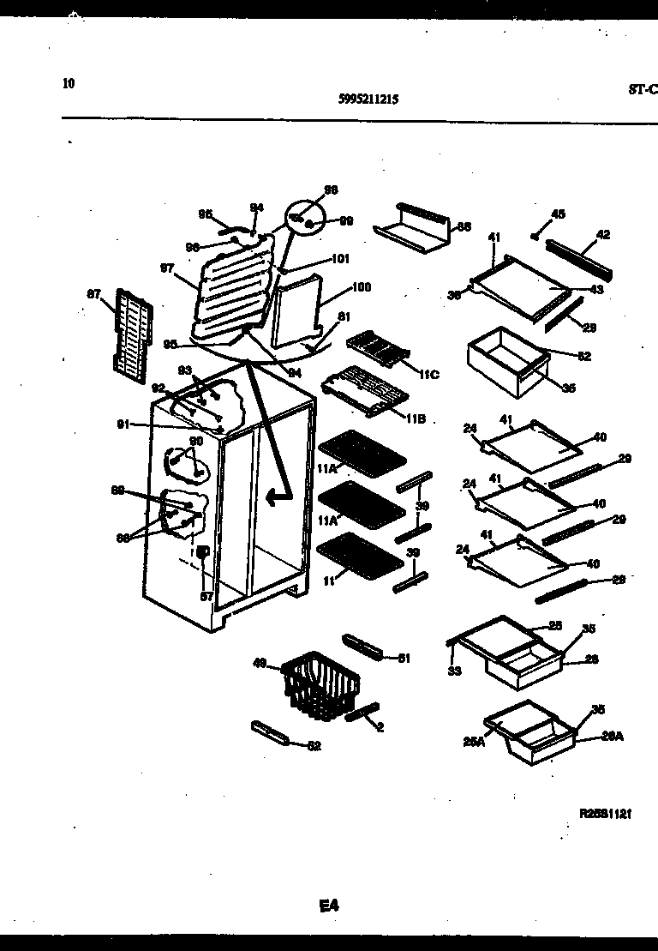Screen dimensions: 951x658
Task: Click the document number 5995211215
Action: coord(368,99)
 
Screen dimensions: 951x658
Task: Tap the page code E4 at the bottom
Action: coord(329,905)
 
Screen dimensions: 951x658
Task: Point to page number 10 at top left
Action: coord(69,83)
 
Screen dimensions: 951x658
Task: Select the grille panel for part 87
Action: coord(133,330)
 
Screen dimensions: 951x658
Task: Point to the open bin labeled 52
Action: coord(505,364)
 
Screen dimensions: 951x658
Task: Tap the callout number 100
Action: coord(361,287)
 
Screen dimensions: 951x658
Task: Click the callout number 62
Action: coord(314,746)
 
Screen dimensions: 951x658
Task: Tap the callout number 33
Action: coord(454,671)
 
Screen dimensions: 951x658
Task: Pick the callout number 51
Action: coord(404,658)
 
